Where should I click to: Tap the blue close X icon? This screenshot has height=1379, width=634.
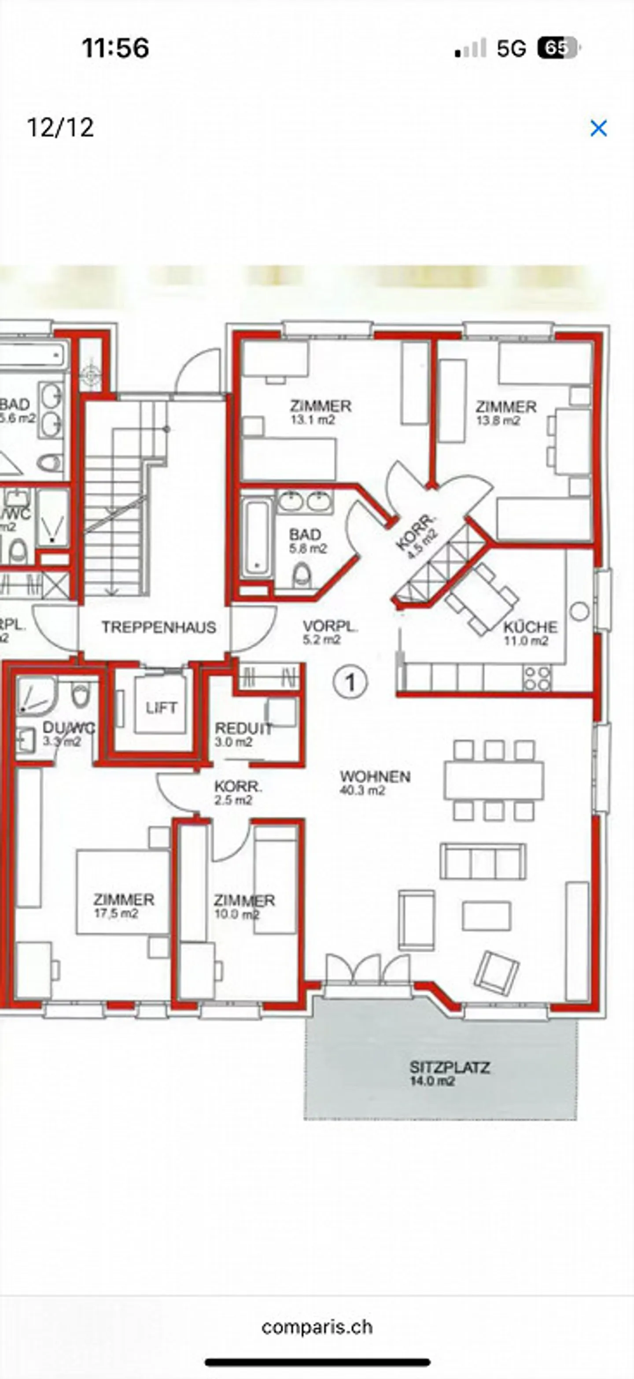pos(598,129)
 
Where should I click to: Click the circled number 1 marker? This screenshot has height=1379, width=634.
pos(350,682)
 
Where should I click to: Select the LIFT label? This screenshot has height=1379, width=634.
pos(161,708)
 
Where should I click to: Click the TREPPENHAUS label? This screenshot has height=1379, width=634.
pos(159,627)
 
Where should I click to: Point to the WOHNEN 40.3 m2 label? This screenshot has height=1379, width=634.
pos(375,782)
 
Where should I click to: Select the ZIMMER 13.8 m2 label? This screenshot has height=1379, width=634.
pos(505,413)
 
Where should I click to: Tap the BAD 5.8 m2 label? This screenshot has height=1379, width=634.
pos(306,541)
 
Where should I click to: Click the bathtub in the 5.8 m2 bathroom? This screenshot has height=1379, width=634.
pos(256,538)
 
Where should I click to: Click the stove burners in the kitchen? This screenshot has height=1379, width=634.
pos(537,678)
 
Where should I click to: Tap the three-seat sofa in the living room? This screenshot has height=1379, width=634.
pos(483,861)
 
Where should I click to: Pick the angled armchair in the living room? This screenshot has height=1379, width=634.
pos(497,973)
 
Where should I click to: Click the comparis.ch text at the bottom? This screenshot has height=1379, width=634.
pos(317,1327)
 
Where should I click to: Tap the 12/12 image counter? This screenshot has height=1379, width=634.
pos(60,127)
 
